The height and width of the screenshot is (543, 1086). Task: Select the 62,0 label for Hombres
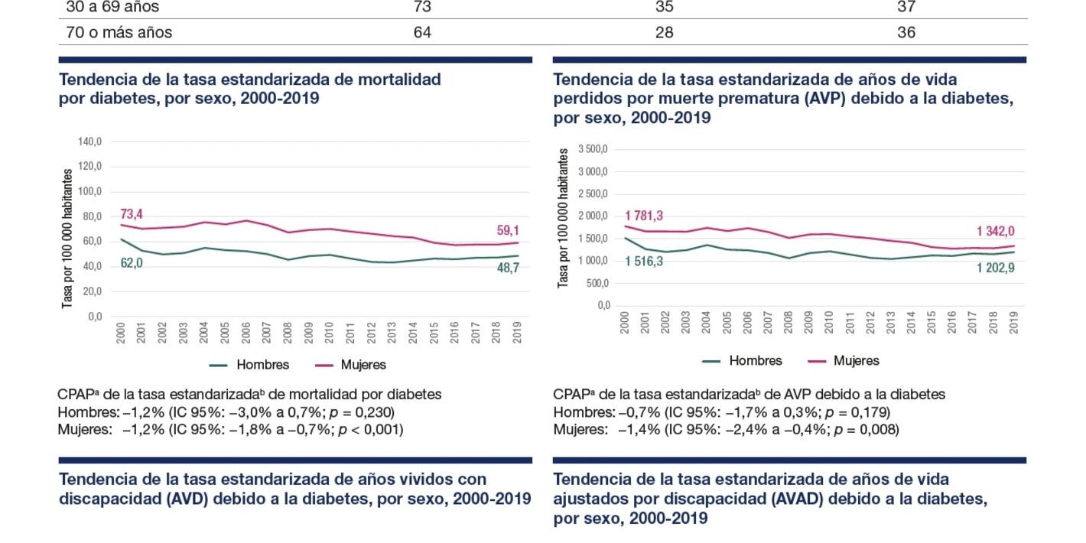click(132, 263)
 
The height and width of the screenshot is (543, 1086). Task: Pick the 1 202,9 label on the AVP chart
click(995, 268)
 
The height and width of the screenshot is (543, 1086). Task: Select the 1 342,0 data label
click(995, 232)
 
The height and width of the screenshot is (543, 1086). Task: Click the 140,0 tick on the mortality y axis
click(89, 142)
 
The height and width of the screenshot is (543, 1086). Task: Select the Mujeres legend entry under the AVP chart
click(856, 361)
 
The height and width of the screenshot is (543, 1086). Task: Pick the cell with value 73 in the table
click(422, 7)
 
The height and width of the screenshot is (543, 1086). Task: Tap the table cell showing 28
click(664, 33)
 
